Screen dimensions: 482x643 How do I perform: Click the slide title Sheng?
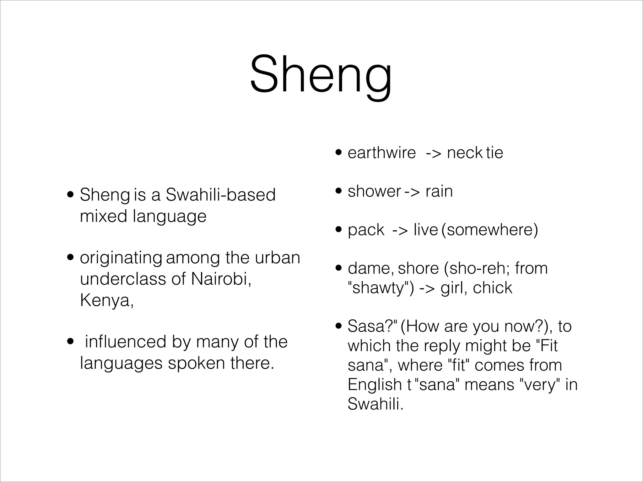point(321,75)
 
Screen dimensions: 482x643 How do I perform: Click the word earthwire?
point(381,153)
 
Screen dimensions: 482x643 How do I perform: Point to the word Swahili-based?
point(220,195)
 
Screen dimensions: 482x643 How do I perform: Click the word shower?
point(374,191)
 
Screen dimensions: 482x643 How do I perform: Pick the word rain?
point(439,191)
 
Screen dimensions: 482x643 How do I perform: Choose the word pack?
point(366,230)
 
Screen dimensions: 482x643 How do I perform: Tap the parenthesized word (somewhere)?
point(489,230)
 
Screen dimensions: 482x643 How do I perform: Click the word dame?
point(370,268)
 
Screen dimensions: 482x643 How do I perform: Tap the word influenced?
point(125,342)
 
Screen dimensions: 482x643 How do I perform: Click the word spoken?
point(196,363)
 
